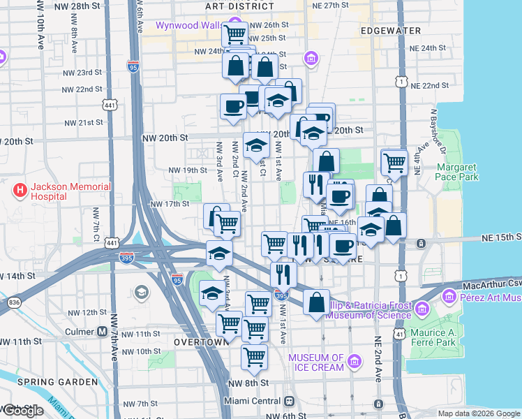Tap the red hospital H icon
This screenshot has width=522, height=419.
[20, 189]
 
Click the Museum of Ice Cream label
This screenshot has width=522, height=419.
[317, 362]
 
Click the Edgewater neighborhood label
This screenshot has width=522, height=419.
[391, 31]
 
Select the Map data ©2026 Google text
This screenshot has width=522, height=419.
[479, 413]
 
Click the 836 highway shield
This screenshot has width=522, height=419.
[13, 302]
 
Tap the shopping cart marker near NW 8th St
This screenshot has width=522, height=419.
[254, 357]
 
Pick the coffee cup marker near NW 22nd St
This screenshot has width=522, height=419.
[233, 107]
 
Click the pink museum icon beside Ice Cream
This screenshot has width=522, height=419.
[355, 362]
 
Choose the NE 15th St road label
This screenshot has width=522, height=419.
[500, 238]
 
